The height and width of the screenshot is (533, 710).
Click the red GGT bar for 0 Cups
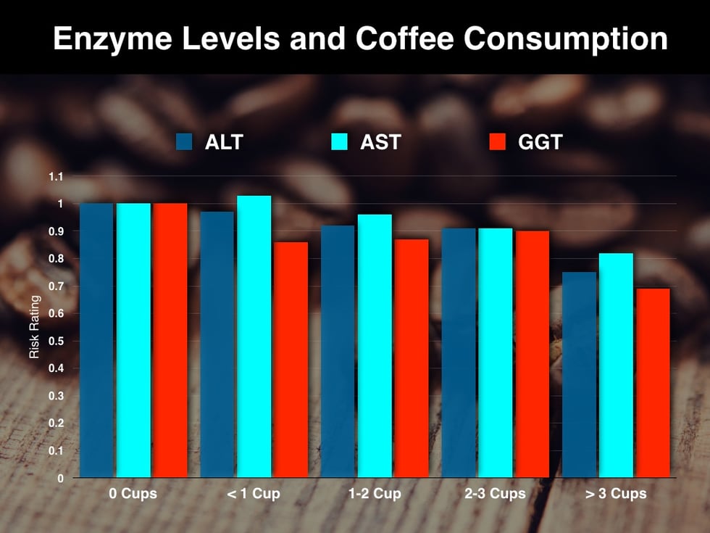[x=170, y=340]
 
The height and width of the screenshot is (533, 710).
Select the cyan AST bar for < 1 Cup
[x=254, y=336]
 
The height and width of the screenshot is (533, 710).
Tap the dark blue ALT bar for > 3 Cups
[x=579, y=374]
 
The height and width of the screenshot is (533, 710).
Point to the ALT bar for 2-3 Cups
[x=459, y=352]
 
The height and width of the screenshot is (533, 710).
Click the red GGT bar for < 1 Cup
[x=291, y=360]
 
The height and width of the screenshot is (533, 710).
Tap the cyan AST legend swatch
[x=343, y=141]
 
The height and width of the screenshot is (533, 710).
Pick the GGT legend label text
[x=540, y=141]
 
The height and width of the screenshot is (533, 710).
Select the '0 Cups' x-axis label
[x=133, y=495]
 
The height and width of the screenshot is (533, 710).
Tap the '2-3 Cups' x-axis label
[x=496, y=495]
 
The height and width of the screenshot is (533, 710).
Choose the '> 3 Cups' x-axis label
[x=616, y=495]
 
